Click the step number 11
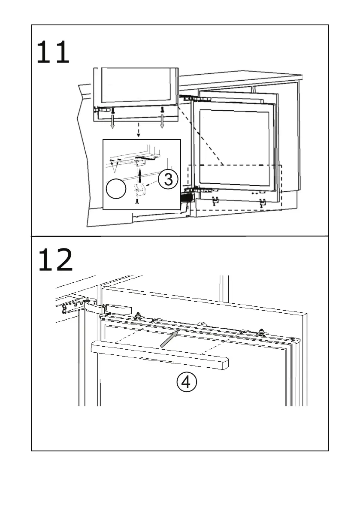53,52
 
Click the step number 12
55,260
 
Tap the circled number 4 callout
187,381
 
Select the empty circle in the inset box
117,189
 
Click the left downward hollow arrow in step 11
113,122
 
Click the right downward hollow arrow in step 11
162,122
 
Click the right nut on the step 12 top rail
260,332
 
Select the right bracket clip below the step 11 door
262,202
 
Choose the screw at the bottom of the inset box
137,201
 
